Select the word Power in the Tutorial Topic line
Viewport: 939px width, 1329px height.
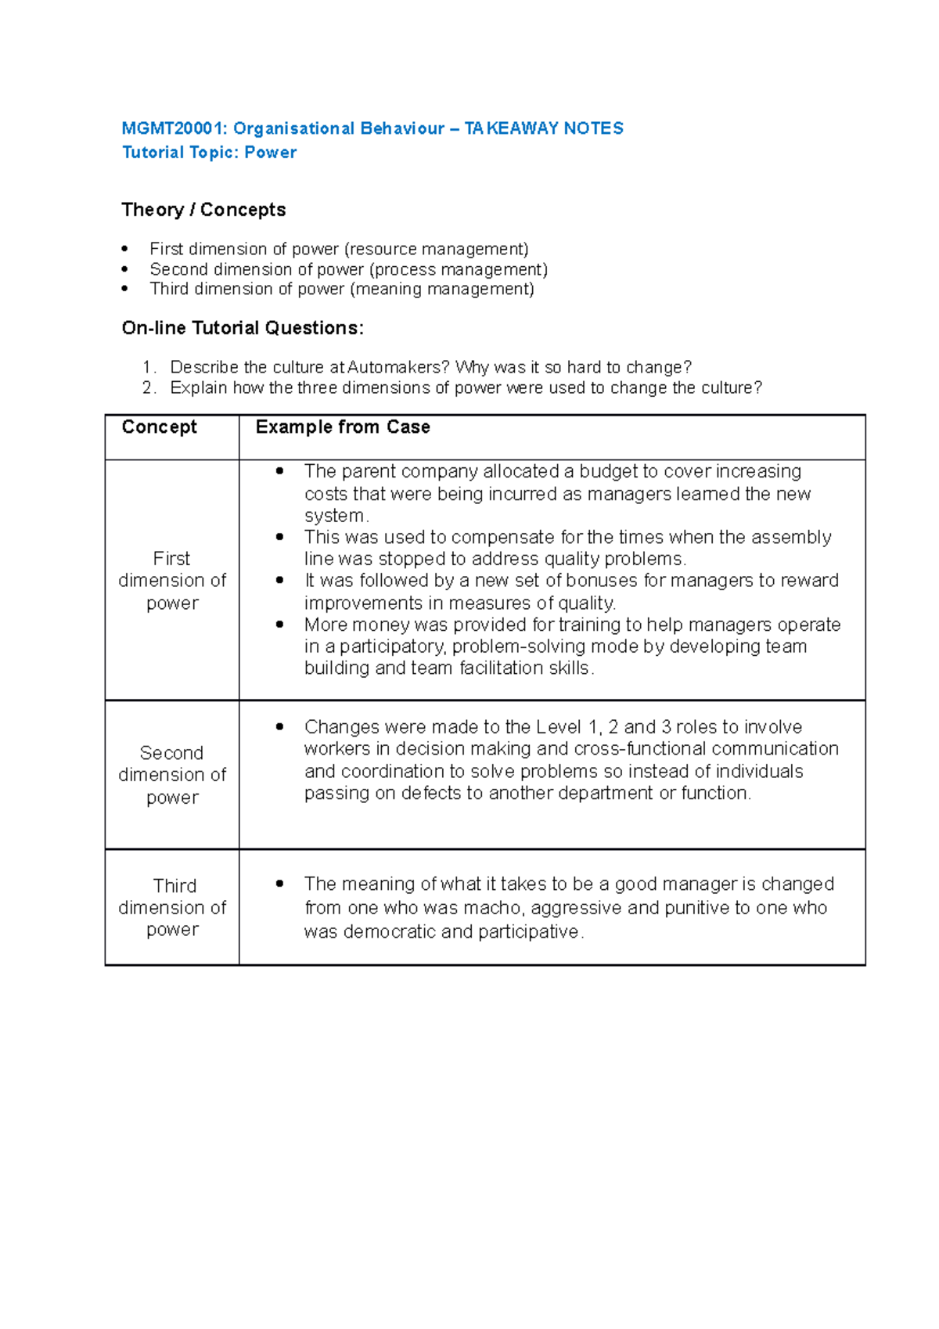tap(270, 153)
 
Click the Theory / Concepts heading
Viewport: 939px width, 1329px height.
tap(203, 210)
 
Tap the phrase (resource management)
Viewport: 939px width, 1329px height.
tap(436, 249)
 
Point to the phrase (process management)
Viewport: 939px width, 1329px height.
tap(458, 269)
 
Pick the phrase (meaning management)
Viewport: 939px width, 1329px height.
tap(442, 289)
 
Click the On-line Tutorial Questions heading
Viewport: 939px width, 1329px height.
tap(243, 328)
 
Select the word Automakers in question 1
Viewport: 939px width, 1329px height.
tap(398, 367)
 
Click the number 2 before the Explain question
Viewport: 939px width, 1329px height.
tap(147, 387)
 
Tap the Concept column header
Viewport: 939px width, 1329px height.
tap(160, 427)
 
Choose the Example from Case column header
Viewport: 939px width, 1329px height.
tap(343, 427)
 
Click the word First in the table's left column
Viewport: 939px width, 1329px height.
tap(171, 558)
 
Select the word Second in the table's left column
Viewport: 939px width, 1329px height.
tap(171, 753)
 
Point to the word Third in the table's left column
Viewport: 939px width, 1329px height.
tap(174, 885)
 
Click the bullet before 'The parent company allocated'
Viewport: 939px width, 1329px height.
tap(279, 471)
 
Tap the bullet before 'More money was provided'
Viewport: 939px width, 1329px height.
tap(279, 625)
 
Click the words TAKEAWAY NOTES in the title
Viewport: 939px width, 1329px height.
tap(544, 128)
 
